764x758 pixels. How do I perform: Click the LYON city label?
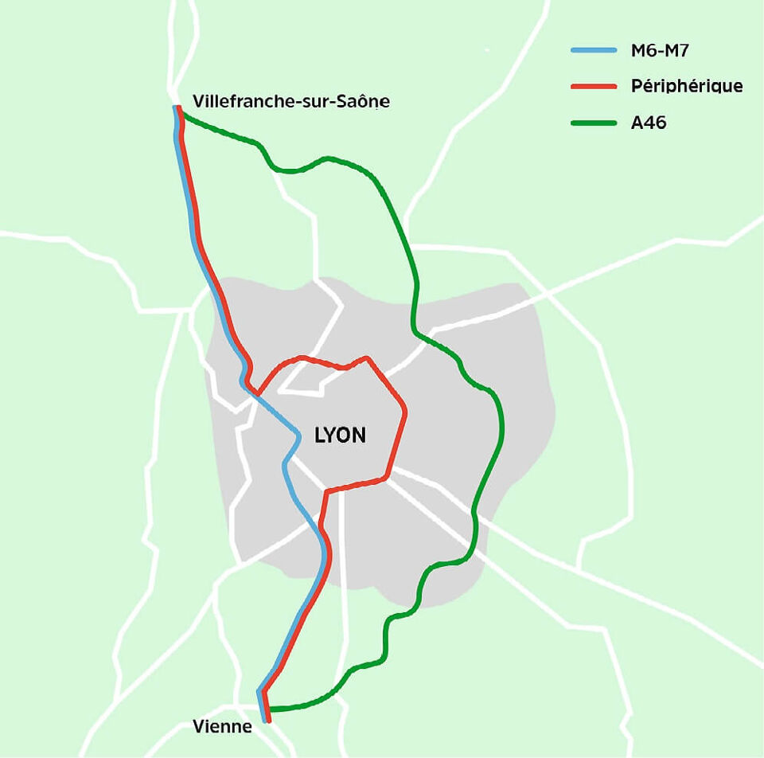(341, 436)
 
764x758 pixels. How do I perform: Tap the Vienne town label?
(222, 727)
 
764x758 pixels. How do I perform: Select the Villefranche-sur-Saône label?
(291, 102)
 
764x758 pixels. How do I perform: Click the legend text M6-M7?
(658, 50)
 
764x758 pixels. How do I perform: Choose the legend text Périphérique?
(687, 86)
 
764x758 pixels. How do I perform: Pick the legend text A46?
(649, 123)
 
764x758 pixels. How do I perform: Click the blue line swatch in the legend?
(594, 50)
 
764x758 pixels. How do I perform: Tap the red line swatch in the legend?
(594, 86)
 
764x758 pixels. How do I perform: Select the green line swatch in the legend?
(594, 123)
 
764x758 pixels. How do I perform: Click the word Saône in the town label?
(367, 102)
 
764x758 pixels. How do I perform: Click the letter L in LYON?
(321, 436)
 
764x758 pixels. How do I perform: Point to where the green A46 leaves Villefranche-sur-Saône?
(185, 115)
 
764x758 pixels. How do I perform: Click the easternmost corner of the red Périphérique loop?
(406, 412)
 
